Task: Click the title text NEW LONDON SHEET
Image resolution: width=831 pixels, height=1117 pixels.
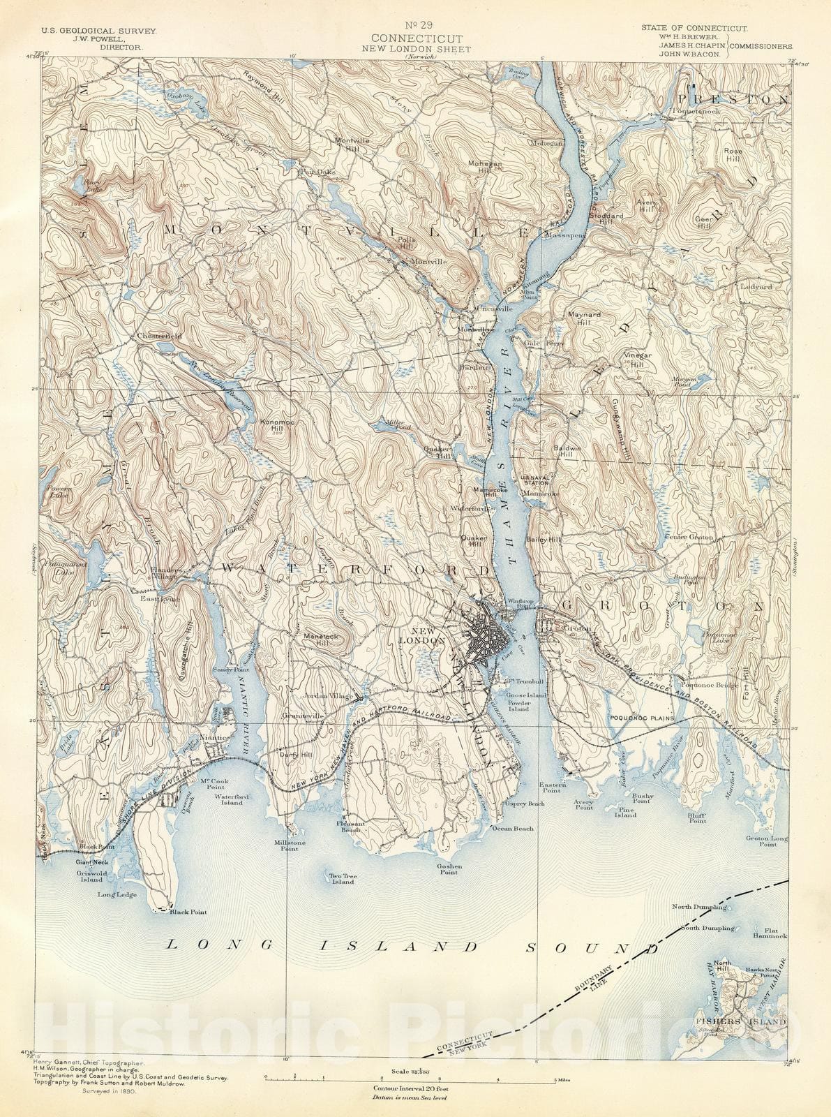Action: coord(416,49)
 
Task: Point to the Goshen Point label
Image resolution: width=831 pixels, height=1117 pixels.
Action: coord(447,868)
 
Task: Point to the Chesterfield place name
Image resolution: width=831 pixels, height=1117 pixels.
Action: coord(159,336)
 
